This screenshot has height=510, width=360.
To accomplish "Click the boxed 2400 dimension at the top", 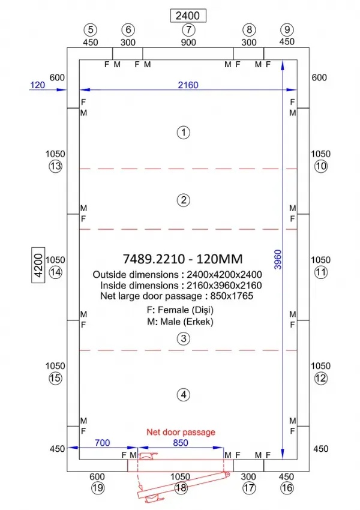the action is point(188,16).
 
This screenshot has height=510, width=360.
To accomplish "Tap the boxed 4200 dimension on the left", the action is point(38,265).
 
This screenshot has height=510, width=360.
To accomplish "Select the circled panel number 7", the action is point(188,29).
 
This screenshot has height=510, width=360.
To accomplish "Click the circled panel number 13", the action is point(55,166).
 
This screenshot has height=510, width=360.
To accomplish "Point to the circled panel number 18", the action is point(181,488).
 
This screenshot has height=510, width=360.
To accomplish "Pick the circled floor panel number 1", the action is point(184,133).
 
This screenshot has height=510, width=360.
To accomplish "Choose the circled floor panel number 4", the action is point(184,395).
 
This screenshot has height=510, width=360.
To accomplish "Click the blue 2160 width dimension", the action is point(188,85).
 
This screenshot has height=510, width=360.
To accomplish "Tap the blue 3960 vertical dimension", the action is point(278,259).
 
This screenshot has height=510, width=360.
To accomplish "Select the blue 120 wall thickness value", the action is point(37,85).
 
